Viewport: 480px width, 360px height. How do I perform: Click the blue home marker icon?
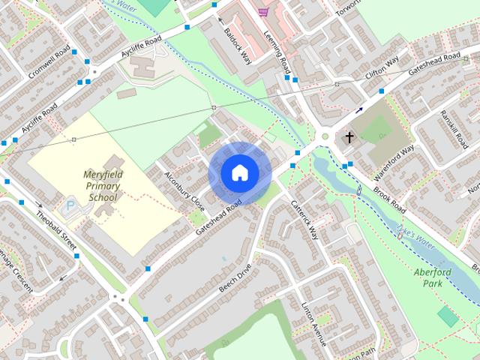click(239, 173)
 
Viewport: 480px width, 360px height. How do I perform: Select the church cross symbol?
click(349, 138)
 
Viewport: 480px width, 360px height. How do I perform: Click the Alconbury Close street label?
click(184, 192)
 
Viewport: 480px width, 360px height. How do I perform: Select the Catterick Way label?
click(305, 219)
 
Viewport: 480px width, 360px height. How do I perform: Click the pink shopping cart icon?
click(262, 12)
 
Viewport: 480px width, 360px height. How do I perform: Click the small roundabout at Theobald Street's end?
click(117, 297)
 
